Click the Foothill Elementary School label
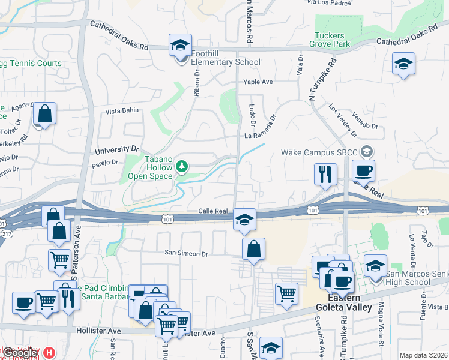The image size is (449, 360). point(226,62)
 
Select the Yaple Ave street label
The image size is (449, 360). point(258,82)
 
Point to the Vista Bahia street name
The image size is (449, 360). point(122,110)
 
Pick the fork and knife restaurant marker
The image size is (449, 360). point(325,174)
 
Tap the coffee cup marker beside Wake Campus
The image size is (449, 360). point(363,170)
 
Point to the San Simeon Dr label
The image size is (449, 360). point(187,254)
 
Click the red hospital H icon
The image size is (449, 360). point(50,353)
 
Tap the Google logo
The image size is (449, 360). point(21,353)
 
